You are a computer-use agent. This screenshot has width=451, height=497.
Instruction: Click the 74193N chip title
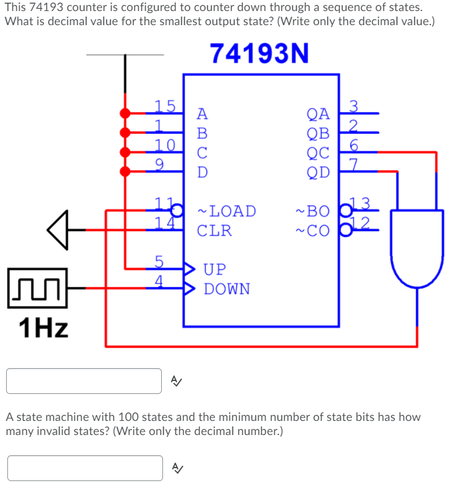click(x=259, y=54)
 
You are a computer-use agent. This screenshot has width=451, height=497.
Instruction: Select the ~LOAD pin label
click(x=226, y=211)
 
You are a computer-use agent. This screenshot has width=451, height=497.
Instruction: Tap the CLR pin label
click(x=214, y=231)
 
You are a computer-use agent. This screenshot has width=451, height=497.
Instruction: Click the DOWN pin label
click(x=227, y=288)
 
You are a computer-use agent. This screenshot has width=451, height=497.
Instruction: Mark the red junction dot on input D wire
click(x=125, y=171)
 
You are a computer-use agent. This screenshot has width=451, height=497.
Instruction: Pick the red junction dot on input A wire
click(x=125, y=114)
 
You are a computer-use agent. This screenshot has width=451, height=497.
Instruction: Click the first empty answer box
click(x=84, y=381)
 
